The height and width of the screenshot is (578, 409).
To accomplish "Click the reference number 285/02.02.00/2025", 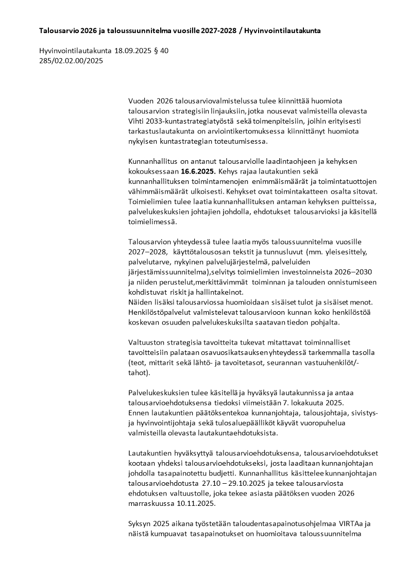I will (x=71, y=61).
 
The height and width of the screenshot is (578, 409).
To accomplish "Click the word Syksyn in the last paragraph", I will (x=140, y=523).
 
